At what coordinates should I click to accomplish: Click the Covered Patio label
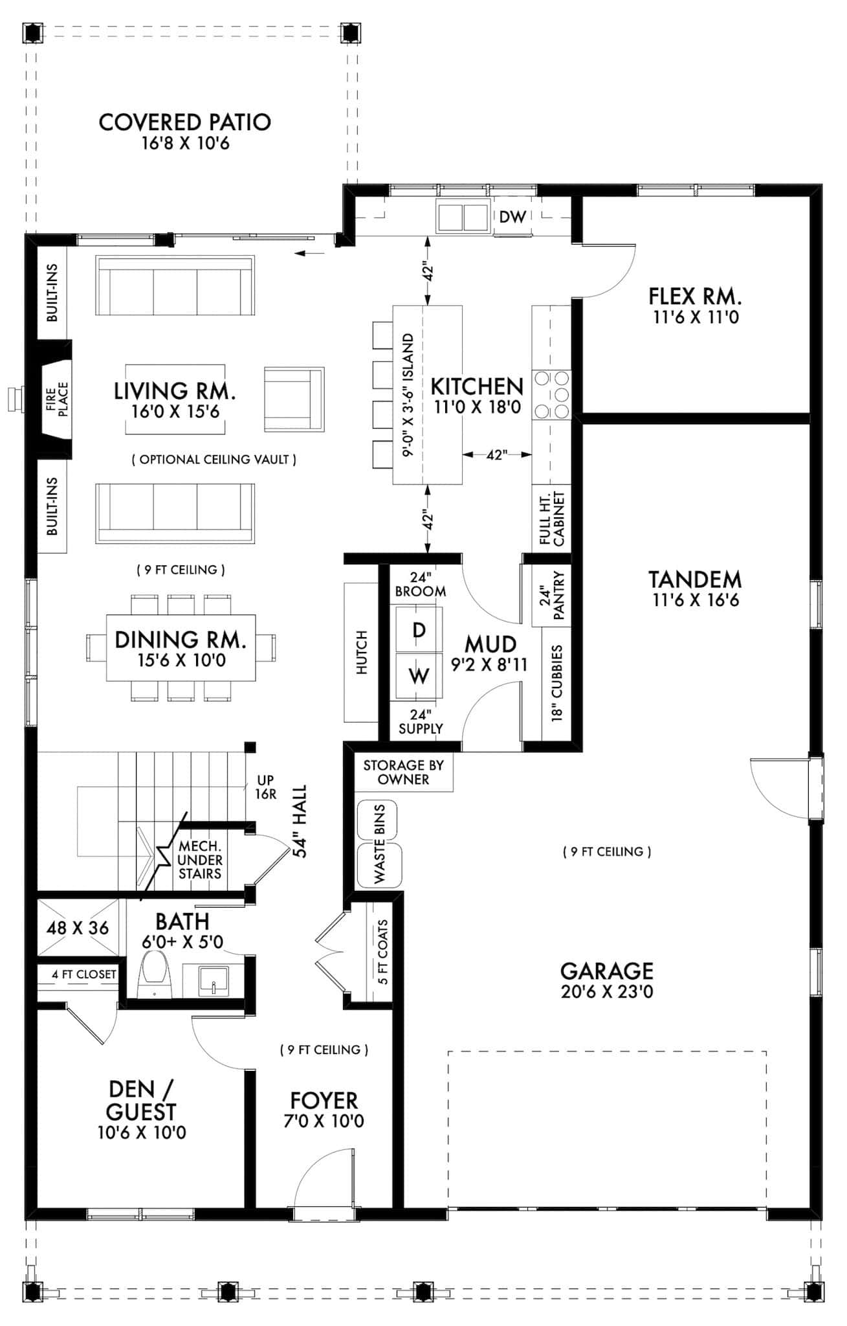(x=184, y=122)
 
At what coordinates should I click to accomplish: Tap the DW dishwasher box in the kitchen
(x=512, y=217)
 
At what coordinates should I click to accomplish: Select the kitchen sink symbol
(x=463, y=217)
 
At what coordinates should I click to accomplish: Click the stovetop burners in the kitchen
(x=552, y=394)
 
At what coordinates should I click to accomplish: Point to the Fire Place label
(x=57, y=399)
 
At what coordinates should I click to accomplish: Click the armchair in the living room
(x=294, y=399)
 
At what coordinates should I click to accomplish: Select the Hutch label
(x=361, y=652)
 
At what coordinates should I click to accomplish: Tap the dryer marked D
(x=419, y=630)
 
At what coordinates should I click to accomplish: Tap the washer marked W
(x=419, y=676)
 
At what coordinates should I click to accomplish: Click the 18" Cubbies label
(x=557, y=683)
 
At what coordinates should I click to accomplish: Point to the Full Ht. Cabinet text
(x=552, y=519)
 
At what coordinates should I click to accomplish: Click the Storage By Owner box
(x=403, y=772)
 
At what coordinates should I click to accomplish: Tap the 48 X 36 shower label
(x=78, y=928)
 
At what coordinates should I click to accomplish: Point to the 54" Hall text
(x=300, y=821)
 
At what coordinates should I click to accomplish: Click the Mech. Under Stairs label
(x=200, y=860)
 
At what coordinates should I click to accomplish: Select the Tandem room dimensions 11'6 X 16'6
(x=695, y=600)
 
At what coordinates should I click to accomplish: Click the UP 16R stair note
(x=265, y=787)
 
